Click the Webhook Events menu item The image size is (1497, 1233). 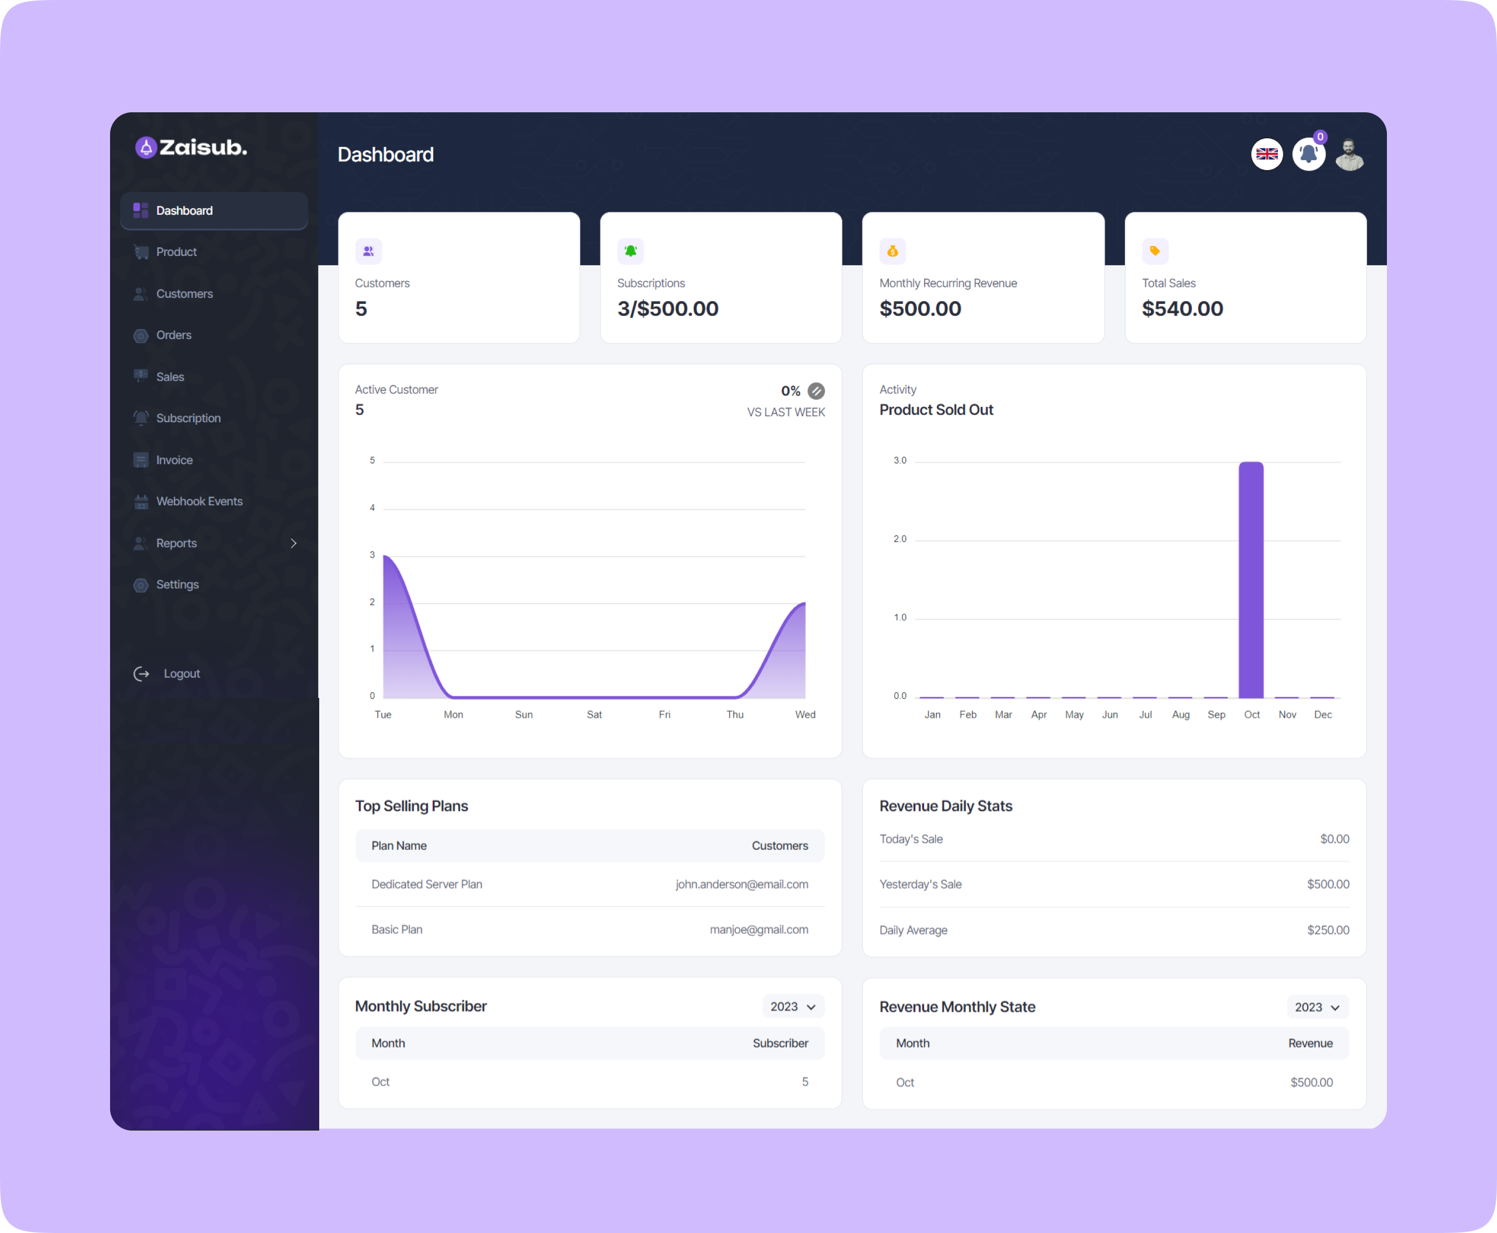199,501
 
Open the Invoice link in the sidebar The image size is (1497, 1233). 174,460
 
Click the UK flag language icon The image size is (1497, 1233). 1266,154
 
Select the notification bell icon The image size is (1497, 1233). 1308,154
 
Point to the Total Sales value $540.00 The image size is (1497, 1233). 1182,309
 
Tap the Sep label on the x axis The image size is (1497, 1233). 1216,714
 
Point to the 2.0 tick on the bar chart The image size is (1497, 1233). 900,539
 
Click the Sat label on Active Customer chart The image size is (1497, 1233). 594,714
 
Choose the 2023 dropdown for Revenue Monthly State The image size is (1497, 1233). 1316,1007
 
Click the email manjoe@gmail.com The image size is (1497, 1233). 758,930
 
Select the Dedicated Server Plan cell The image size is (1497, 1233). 427,884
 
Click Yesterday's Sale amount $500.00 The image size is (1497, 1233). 1327,884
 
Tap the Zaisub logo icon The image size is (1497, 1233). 146,148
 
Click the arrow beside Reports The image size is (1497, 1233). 293,543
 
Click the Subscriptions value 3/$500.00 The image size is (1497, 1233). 668,309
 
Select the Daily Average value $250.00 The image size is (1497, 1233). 1327,930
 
